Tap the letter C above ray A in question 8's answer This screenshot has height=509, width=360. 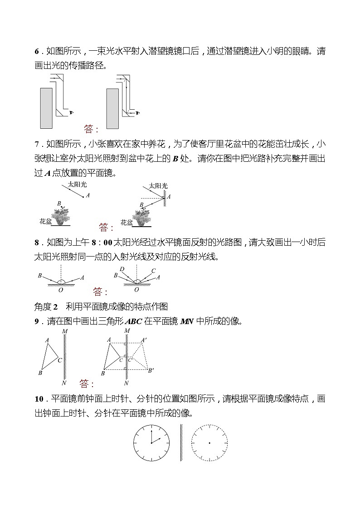[153, 271]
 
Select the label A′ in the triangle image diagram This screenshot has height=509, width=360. [143, 340]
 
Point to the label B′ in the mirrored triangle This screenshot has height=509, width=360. [151, 370]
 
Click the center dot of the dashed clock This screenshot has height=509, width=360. [209, 442]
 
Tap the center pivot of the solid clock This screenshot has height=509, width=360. [151, 442]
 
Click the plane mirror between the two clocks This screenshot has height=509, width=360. [181, 442]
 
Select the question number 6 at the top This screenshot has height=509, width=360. [37, 51]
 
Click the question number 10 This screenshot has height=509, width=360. [39, 399]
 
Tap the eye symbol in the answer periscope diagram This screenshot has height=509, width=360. [137, 112]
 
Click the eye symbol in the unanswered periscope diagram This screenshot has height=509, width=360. [71, 112]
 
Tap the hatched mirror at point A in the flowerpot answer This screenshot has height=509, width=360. [165, 195]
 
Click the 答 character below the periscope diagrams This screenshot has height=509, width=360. [88, 129]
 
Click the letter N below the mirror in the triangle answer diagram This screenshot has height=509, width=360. [126, 383]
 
